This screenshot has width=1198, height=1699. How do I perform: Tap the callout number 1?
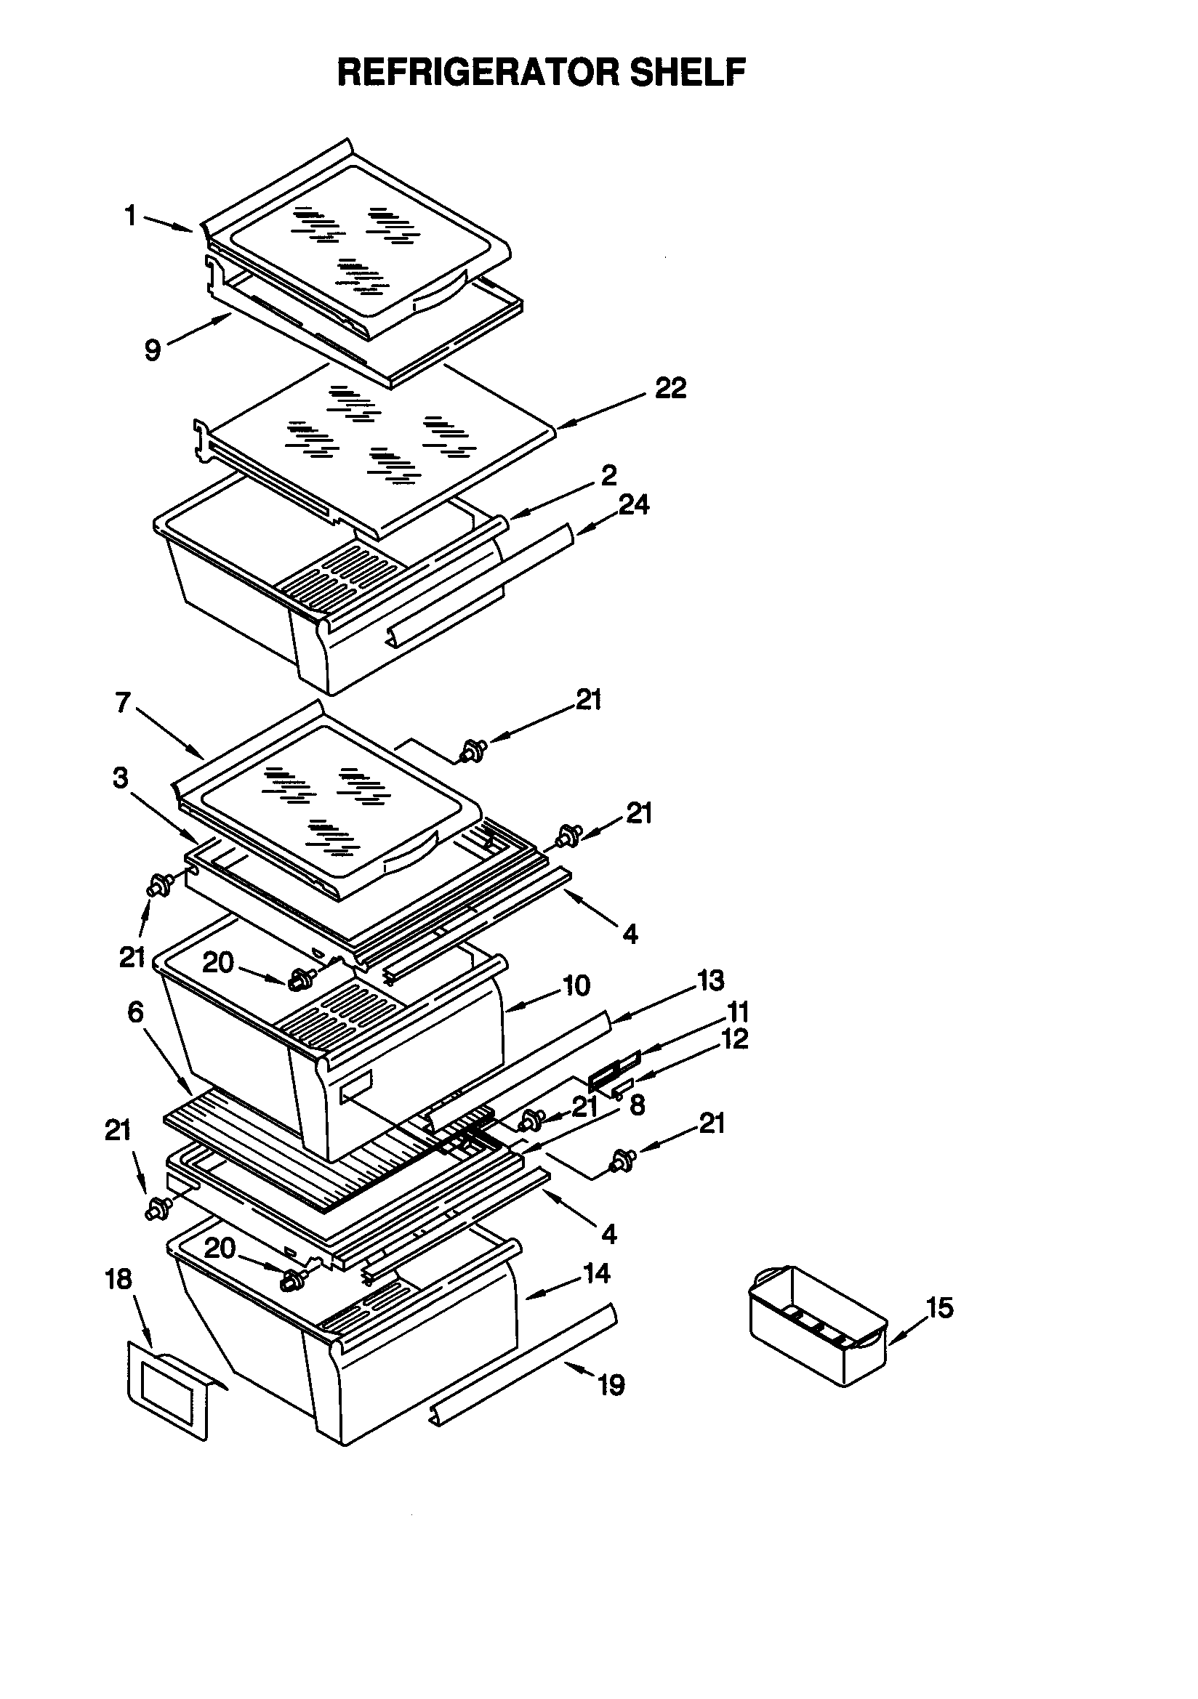(130, 216)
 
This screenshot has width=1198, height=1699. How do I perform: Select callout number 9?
(153, 350)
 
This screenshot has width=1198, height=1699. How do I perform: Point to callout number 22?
(671, 388)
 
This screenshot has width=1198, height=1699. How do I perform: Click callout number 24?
(634, 504)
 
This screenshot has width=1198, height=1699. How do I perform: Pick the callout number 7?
(123, 702)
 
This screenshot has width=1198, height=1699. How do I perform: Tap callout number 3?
(120, 778)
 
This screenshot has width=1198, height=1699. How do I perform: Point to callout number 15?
(940, 1307)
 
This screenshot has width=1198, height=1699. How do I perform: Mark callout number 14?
(597, 1272)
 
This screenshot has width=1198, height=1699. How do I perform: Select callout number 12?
(734, 1039)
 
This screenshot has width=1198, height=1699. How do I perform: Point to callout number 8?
(637, 1105)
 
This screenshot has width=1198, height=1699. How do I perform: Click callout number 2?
(608, 475)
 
